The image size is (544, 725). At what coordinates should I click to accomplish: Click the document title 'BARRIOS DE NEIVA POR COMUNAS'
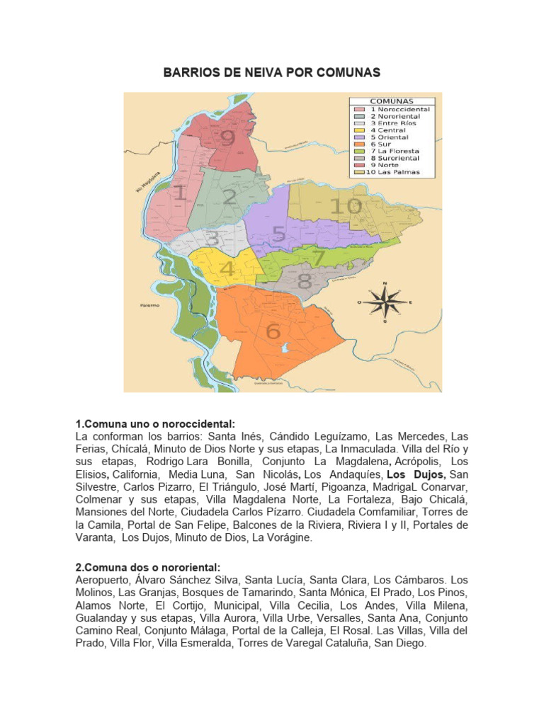[272, 72]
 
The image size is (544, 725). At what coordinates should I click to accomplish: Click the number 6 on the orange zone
[273, 331]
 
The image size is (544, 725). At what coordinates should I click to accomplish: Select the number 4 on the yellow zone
[227, 270]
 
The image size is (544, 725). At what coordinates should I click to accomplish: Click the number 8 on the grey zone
[304, 281]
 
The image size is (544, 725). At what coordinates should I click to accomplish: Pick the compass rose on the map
[385, 302]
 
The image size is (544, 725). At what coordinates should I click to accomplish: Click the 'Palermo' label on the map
[149, 305]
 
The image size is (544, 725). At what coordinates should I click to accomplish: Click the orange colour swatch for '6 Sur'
[360, 144]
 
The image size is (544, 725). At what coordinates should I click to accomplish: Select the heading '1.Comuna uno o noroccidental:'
[154, 423]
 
